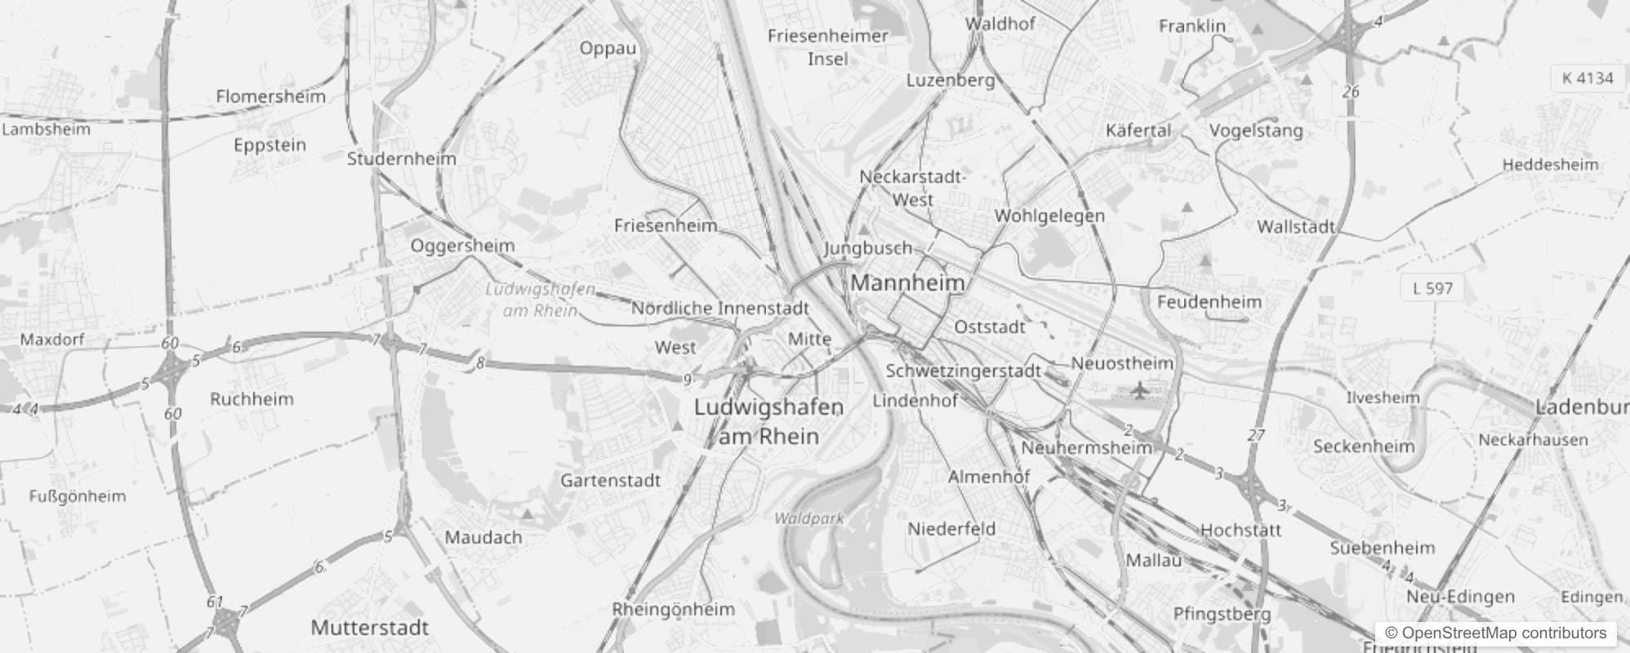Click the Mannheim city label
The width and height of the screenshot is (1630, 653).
[x=907, y=283]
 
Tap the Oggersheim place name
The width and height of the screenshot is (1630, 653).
[x=462, y=246]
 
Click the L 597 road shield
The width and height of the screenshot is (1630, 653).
[x=1432, y=288]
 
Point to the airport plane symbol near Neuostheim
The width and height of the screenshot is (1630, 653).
[x=1139, y=390]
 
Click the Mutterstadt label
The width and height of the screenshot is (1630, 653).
[x=370, y=628]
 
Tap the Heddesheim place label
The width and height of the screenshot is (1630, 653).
[x=1550, y=165]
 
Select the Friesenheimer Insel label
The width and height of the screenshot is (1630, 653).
[x=828, y=47]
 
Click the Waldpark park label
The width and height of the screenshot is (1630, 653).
[x=808, y=518]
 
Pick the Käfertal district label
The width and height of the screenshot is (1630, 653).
[x=1138, y=131]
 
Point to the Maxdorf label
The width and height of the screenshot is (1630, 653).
[x=52, y=340]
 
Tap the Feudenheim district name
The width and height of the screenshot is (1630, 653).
[x=1209, y=302]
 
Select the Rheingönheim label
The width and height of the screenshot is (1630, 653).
[x=673, y=609]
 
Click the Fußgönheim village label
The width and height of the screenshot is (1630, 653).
[x=78, y=496]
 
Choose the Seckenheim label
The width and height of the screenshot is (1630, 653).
[x=1364, y=446]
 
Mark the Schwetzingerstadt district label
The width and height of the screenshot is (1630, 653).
[x=964, y=371]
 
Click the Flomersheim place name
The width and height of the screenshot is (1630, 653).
[x=270, y=96]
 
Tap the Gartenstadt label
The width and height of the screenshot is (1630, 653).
[x=610, y=480]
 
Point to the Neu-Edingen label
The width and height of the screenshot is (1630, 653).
[x=1460, y=597]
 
